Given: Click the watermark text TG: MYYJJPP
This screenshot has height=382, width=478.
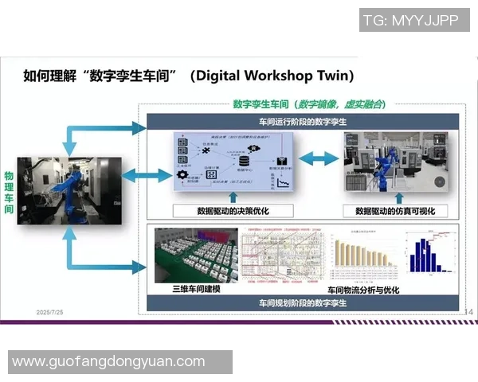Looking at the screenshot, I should coord(410,21).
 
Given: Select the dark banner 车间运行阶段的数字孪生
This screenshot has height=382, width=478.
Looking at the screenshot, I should coord(300,121).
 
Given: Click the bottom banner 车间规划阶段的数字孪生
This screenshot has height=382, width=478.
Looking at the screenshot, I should coord(300,303).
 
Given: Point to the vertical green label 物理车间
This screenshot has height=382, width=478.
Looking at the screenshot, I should coord(9,192).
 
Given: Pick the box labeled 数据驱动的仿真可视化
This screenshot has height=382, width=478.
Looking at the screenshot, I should coord(395,211).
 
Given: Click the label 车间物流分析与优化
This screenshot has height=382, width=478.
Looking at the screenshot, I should coord(363,290).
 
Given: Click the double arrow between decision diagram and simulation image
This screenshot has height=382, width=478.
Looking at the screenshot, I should coord(319,159).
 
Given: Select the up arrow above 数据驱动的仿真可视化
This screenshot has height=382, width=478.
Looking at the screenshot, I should coord(395,196).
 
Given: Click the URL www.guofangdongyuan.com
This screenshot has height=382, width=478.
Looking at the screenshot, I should coord(108,361).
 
